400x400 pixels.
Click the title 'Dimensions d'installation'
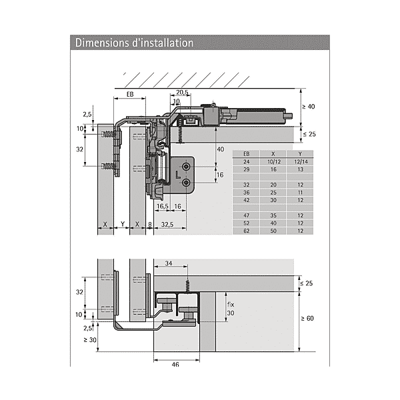coord(134,43)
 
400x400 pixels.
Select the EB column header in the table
coord(247,154)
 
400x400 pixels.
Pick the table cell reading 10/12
coord(274,162)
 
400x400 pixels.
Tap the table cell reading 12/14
coord(301,162)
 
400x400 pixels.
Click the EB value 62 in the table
coord(247,231)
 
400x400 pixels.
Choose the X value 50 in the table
coord(273,231)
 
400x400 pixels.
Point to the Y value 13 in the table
coord(301,169)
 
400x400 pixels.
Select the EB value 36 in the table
coord(247,193)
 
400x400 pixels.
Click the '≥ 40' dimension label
coord(309,107)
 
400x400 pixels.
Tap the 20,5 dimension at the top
coord(182,92)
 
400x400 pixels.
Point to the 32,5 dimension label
coord(167,224)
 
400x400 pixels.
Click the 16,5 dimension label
coord(162,206)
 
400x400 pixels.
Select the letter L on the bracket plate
coord(178,175)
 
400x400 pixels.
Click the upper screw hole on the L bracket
coord(186,167)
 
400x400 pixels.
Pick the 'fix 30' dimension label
coord(231,309)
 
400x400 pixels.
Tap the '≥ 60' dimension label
coord(307,319)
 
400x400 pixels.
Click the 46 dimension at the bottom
coord(175,365)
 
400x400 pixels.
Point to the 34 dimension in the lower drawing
coord(169,263)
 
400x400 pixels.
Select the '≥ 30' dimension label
coord(90,340)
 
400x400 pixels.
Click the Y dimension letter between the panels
coord(123,224)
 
